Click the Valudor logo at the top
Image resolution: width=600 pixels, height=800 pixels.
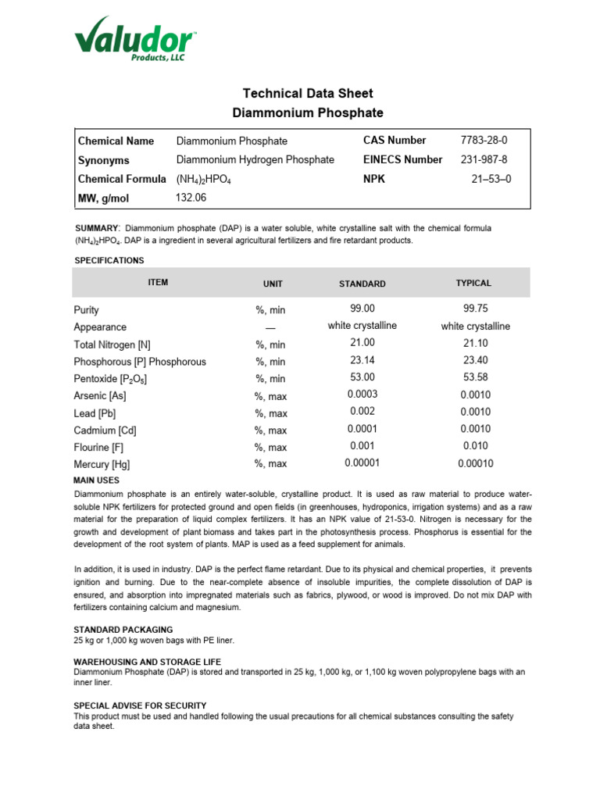pyautogui.click(x=134, y=39)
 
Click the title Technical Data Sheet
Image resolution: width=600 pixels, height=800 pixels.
pyautogui.click(x=308, y=94)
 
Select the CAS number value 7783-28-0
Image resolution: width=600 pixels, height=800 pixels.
pyautogui.click(x=484, y=141)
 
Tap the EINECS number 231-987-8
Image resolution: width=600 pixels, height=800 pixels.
pyautogui.click(x=484, y=159)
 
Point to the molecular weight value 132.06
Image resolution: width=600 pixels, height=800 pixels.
pyautogui.click(x=191, y=198)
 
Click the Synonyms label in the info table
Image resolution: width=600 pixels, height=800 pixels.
pyautogui.click(x=104, y=160)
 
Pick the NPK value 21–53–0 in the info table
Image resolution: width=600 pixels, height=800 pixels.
pyautogui.click(x=491, y=179)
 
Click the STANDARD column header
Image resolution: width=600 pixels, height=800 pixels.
pyautogui.click(x=362, y=284)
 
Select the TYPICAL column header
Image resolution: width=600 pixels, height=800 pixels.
pyautogui.click(x=473, y=283)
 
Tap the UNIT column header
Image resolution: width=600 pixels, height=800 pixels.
pyautogui.click(x=273, y=284)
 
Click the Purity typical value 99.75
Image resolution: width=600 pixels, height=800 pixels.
pyautogui.click(x=475, y=309)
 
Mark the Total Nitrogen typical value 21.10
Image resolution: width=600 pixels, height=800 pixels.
pyautogui.click(x=475, y=343)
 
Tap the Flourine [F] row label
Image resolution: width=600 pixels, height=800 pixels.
pyautogui.click(x=98, y=448)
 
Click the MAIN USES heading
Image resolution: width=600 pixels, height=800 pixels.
pyautogui.click(x=97, y=480)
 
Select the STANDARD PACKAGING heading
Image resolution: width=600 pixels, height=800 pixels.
pyautogui.click(x=123, y=629)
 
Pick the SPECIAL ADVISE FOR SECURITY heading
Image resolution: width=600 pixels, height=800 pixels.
pyautogui.click(x=140, y=705)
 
